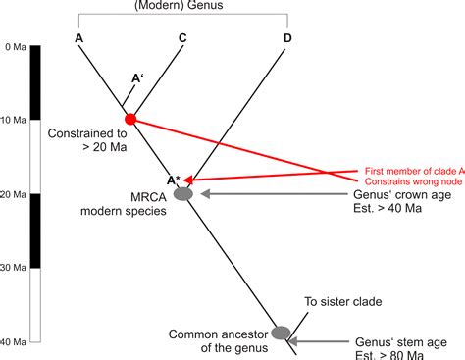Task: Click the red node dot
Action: [131, 120]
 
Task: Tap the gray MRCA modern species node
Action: [183, 194]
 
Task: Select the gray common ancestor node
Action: [283, 333]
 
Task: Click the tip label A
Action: [77, 38]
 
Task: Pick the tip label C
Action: [183, 38]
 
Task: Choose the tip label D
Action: [287, 38]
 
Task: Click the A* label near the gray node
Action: [174, 180]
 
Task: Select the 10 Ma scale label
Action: [16, 121]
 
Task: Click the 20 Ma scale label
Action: [16, 194]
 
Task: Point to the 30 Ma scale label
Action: [16, 267]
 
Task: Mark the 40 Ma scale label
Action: [16, 340]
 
